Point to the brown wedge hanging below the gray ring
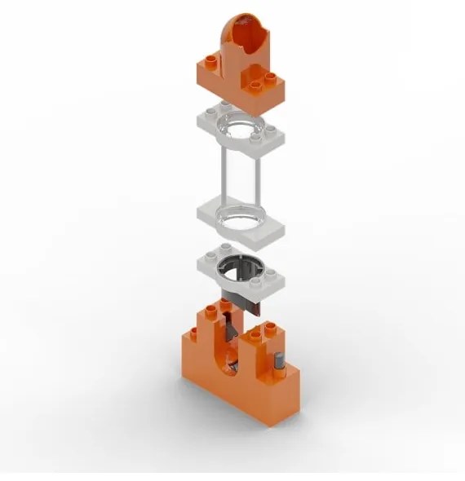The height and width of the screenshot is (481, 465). point(245,303)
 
